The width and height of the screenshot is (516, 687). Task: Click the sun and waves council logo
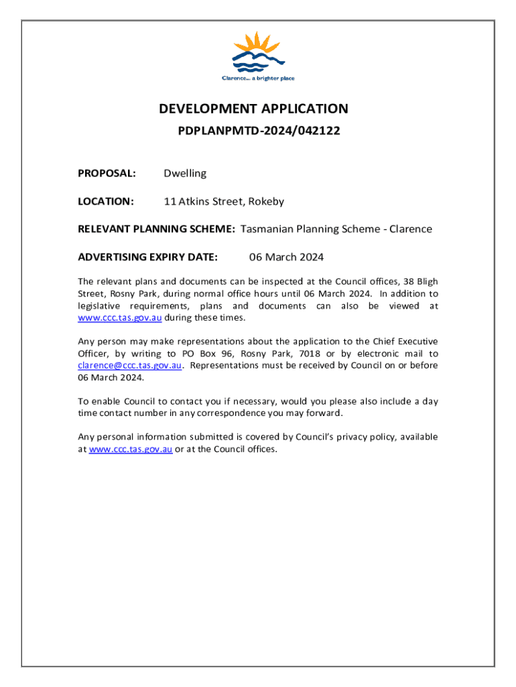(258, 51)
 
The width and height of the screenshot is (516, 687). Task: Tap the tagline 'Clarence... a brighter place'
(258, 78)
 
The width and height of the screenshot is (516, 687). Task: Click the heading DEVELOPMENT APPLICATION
(253, 109)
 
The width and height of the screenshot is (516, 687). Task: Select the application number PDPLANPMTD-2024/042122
(259, 131)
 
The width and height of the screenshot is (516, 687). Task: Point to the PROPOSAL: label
(107, 173)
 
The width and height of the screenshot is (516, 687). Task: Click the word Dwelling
(185, 173)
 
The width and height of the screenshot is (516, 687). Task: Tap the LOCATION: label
(106, 201)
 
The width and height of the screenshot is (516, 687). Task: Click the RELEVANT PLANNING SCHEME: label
(156, 229)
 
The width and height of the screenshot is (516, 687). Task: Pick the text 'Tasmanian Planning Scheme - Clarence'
(336, 229)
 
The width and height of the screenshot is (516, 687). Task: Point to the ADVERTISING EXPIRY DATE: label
(147, 257)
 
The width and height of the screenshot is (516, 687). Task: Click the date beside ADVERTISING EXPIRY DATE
(286, 257)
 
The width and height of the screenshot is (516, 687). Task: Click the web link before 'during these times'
(119, 317)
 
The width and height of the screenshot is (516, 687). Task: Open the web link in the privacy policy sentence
(131, 449)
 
